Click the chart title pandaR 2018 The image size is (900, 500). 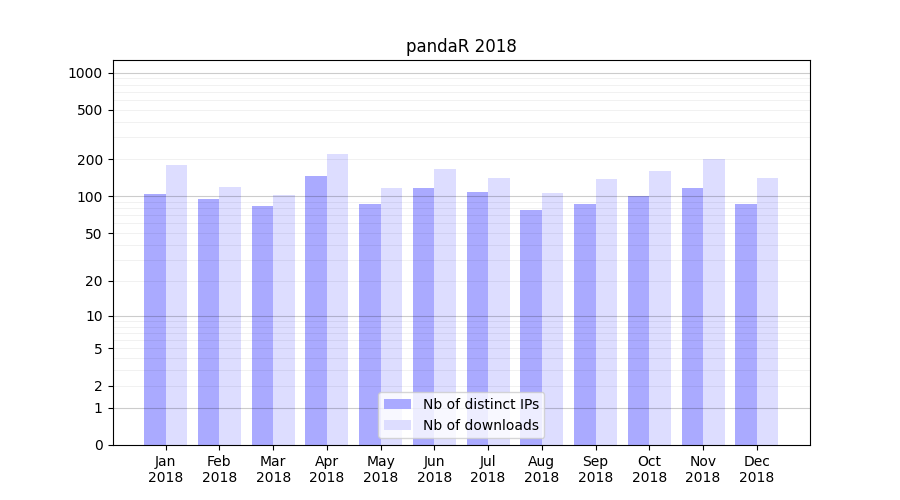click(461, 46)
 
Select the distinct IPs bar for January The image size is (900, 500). click(155, 320)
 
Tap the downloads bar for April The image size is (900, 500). click(337, 300)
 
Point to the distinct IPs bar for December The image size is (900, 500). click(746, 325)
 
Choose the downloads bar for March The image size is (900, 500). click(284, 320)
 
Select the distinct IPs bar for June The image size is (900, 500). click(423, 316)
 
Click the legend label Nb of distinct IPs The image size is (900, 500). click(480, 404)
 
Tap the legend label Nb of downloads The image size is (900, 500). click(480, 425)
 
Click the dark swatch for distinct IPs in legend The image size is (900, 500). click(397, 404)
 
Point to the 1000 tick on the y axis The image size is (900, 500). click(85, 73)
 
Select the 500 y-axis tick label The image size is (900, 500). click(90, 110)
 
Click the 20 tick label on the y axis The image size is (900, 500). click(94, 281)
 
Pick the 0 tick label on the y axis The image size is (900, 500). click(98, 445)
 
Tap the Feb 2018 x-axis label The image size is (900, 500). click(219, 469)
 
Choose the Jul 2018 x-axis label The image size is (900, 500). click(488, 469)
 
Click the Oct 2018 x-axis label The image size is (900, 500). click(649, 469)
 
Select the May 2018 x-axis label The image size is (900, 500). click(380, 469)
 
